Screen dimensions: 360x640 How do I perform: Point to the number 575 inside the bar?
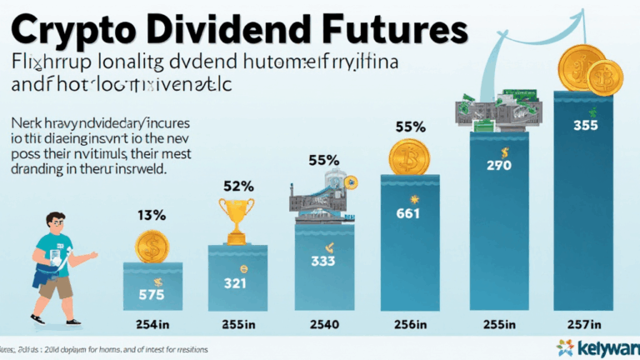[152, 293]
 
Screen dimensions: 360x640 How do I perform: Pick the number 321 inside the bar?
[237, 283]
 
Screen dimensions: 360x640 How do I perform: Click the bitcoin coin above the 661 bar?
[408, 156]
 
